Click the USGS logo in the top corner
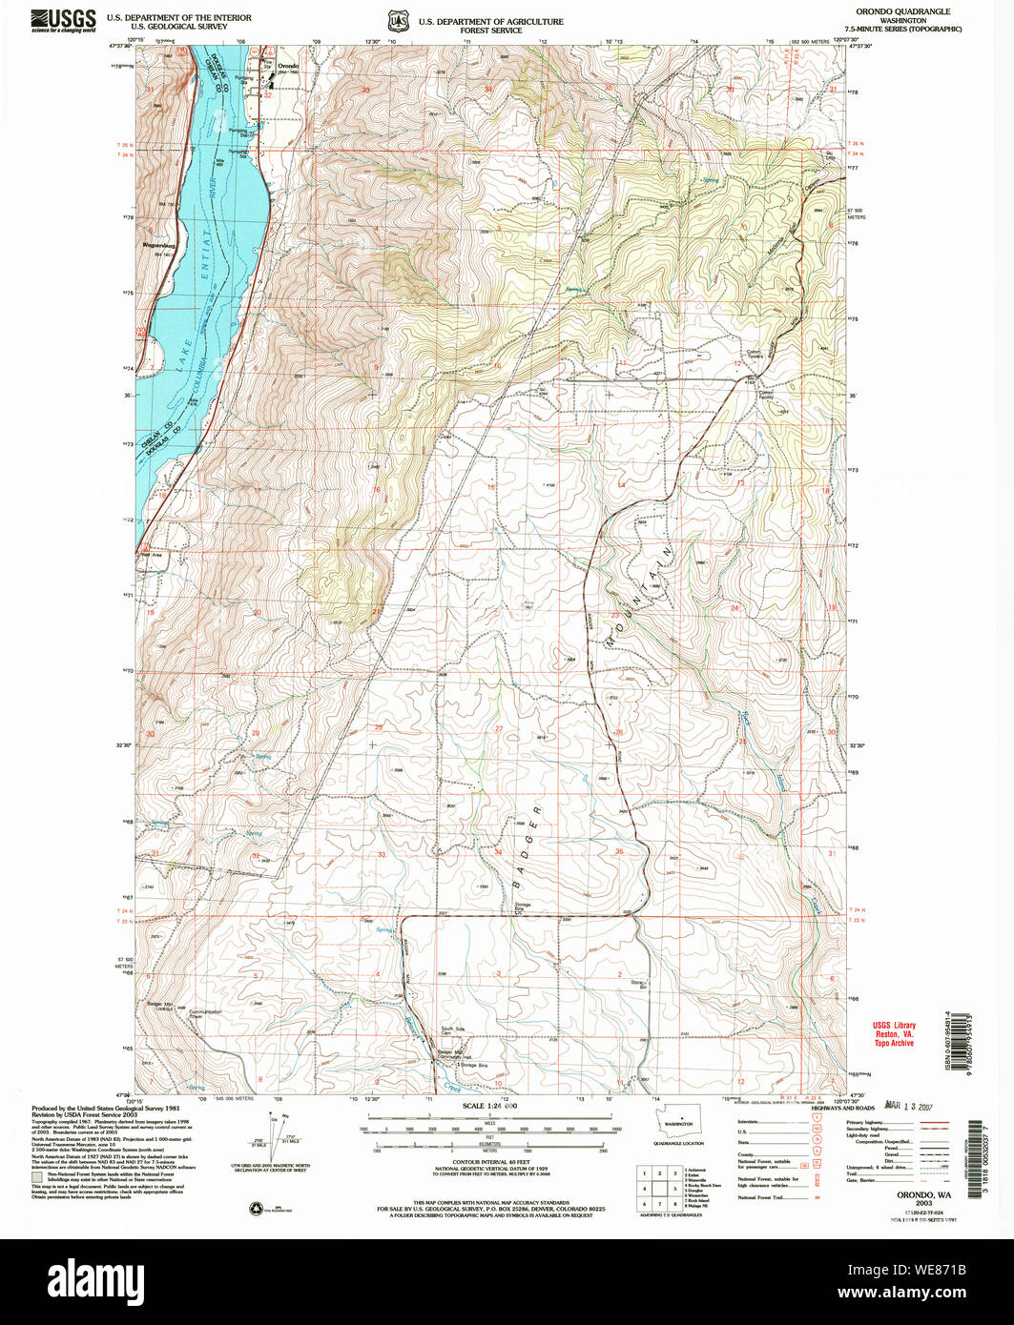tap(64, 20)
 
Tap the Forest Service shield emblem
tap(396, 21)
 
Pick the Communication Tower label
tap(204, 1014)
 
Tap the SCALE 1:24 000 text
tap(488, 1106)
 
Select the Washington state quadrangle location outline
tap(680, 1121)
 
